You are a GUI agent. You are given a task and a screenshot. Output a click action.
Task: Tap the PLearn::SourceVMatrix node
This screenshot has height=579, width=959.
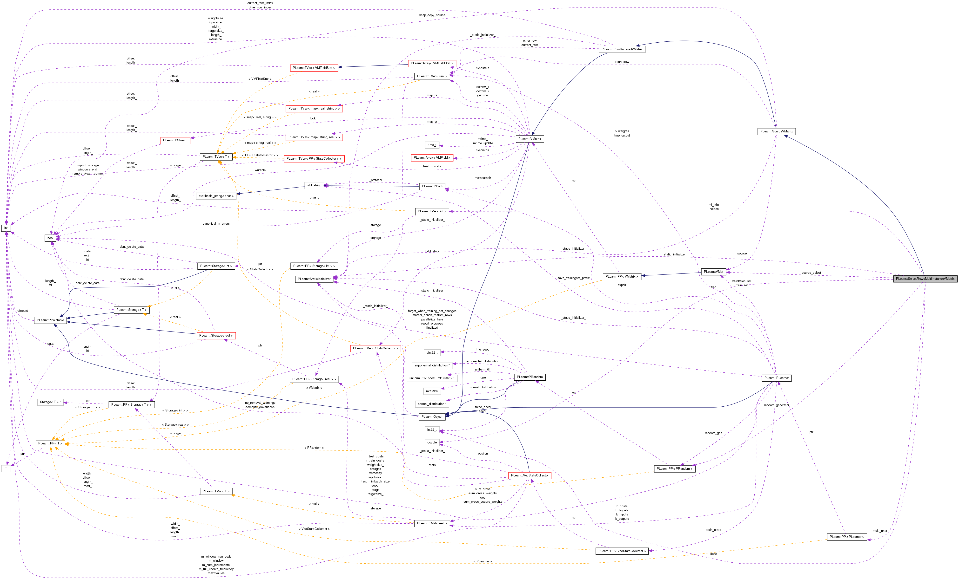click(x=776, y=131)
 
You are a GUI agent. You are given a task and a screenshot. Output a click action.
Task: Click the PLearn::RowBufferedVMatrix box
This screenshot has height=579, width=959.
click(x=622, y=49)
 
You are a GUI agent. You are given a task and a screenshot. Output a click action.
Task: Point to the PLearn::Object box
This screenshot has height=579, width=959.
click(x=432, y=416)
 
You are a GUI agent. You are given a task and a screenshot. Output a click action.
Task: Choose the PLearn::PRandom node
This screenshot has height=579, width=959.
click(x=529, y=377)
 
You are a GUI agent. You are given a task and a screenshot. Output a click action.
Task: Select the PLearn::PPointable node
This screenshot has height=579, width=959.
click(x=50, y=320)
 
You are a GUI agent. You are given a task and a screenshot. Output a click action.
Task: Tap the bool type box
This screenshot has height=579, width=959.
click(x=50, y=238)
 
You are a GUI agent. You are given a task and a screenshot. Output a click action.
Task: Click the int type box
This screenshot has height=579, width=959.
click(x=6, y=228)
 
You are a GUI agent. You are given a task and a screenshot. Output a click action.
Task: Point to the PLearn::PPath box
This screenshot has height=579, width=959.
click(x=432, y=186)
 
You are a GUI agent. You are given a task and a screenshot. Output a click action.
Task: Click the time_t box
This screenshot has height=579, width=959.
click(x=432, y=145)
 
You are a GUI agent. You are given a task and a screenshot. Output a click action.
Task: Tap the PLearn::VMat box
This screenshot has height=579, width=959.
click(x=713, y=272)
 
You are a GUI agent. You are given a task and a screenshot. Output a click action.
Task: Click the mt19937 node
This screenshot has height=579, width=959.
click(x=432, y=391)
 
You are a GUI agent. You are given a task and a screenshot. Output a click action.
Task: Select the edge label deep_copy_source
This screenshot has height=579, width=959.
click(x=432, y=15)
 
